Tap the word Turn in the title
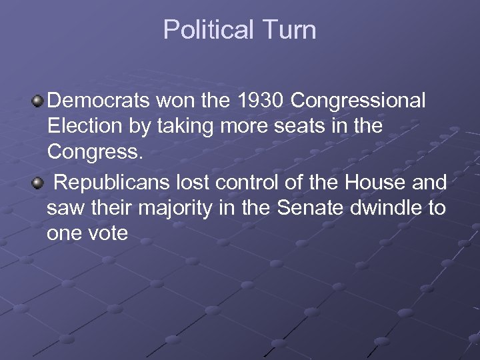point(289,30)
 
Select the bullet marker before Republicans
point(39,183)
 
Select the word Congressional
point(358,101)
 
